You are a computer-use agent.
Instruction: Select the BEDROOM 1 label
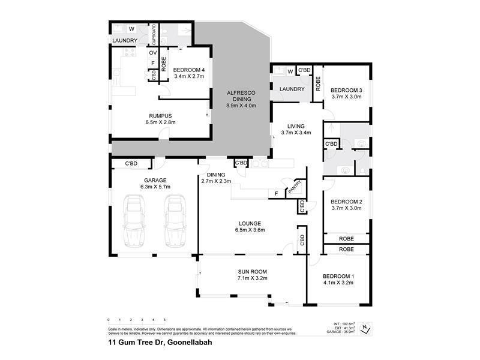coord(338,276)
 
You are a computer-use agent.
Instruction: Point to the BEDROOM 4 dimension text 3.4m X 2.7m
coord(190,76)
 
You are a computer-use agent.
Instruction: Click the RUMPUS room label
coord(160,116)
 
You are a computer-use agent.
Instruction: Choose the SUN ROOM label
coord(252,271)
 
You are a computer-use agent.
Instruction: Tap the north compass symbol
coord(364,327)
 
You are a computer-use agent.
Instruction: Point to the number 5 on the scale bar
coord(164,320)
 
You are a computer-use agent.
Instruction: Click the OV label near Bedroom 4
coord(153,53)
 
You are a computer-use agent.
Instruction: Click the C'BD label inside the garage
coord(131,163)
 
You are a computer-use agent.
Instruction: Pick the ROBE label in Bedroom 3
coord(318,83)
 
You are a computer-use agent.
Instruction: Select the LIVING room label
coord(296,126)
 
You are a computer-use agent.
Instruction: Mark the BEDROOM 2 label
coord(346,202)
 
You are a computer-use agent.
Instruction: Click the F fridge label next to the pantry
coord(275,194)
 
